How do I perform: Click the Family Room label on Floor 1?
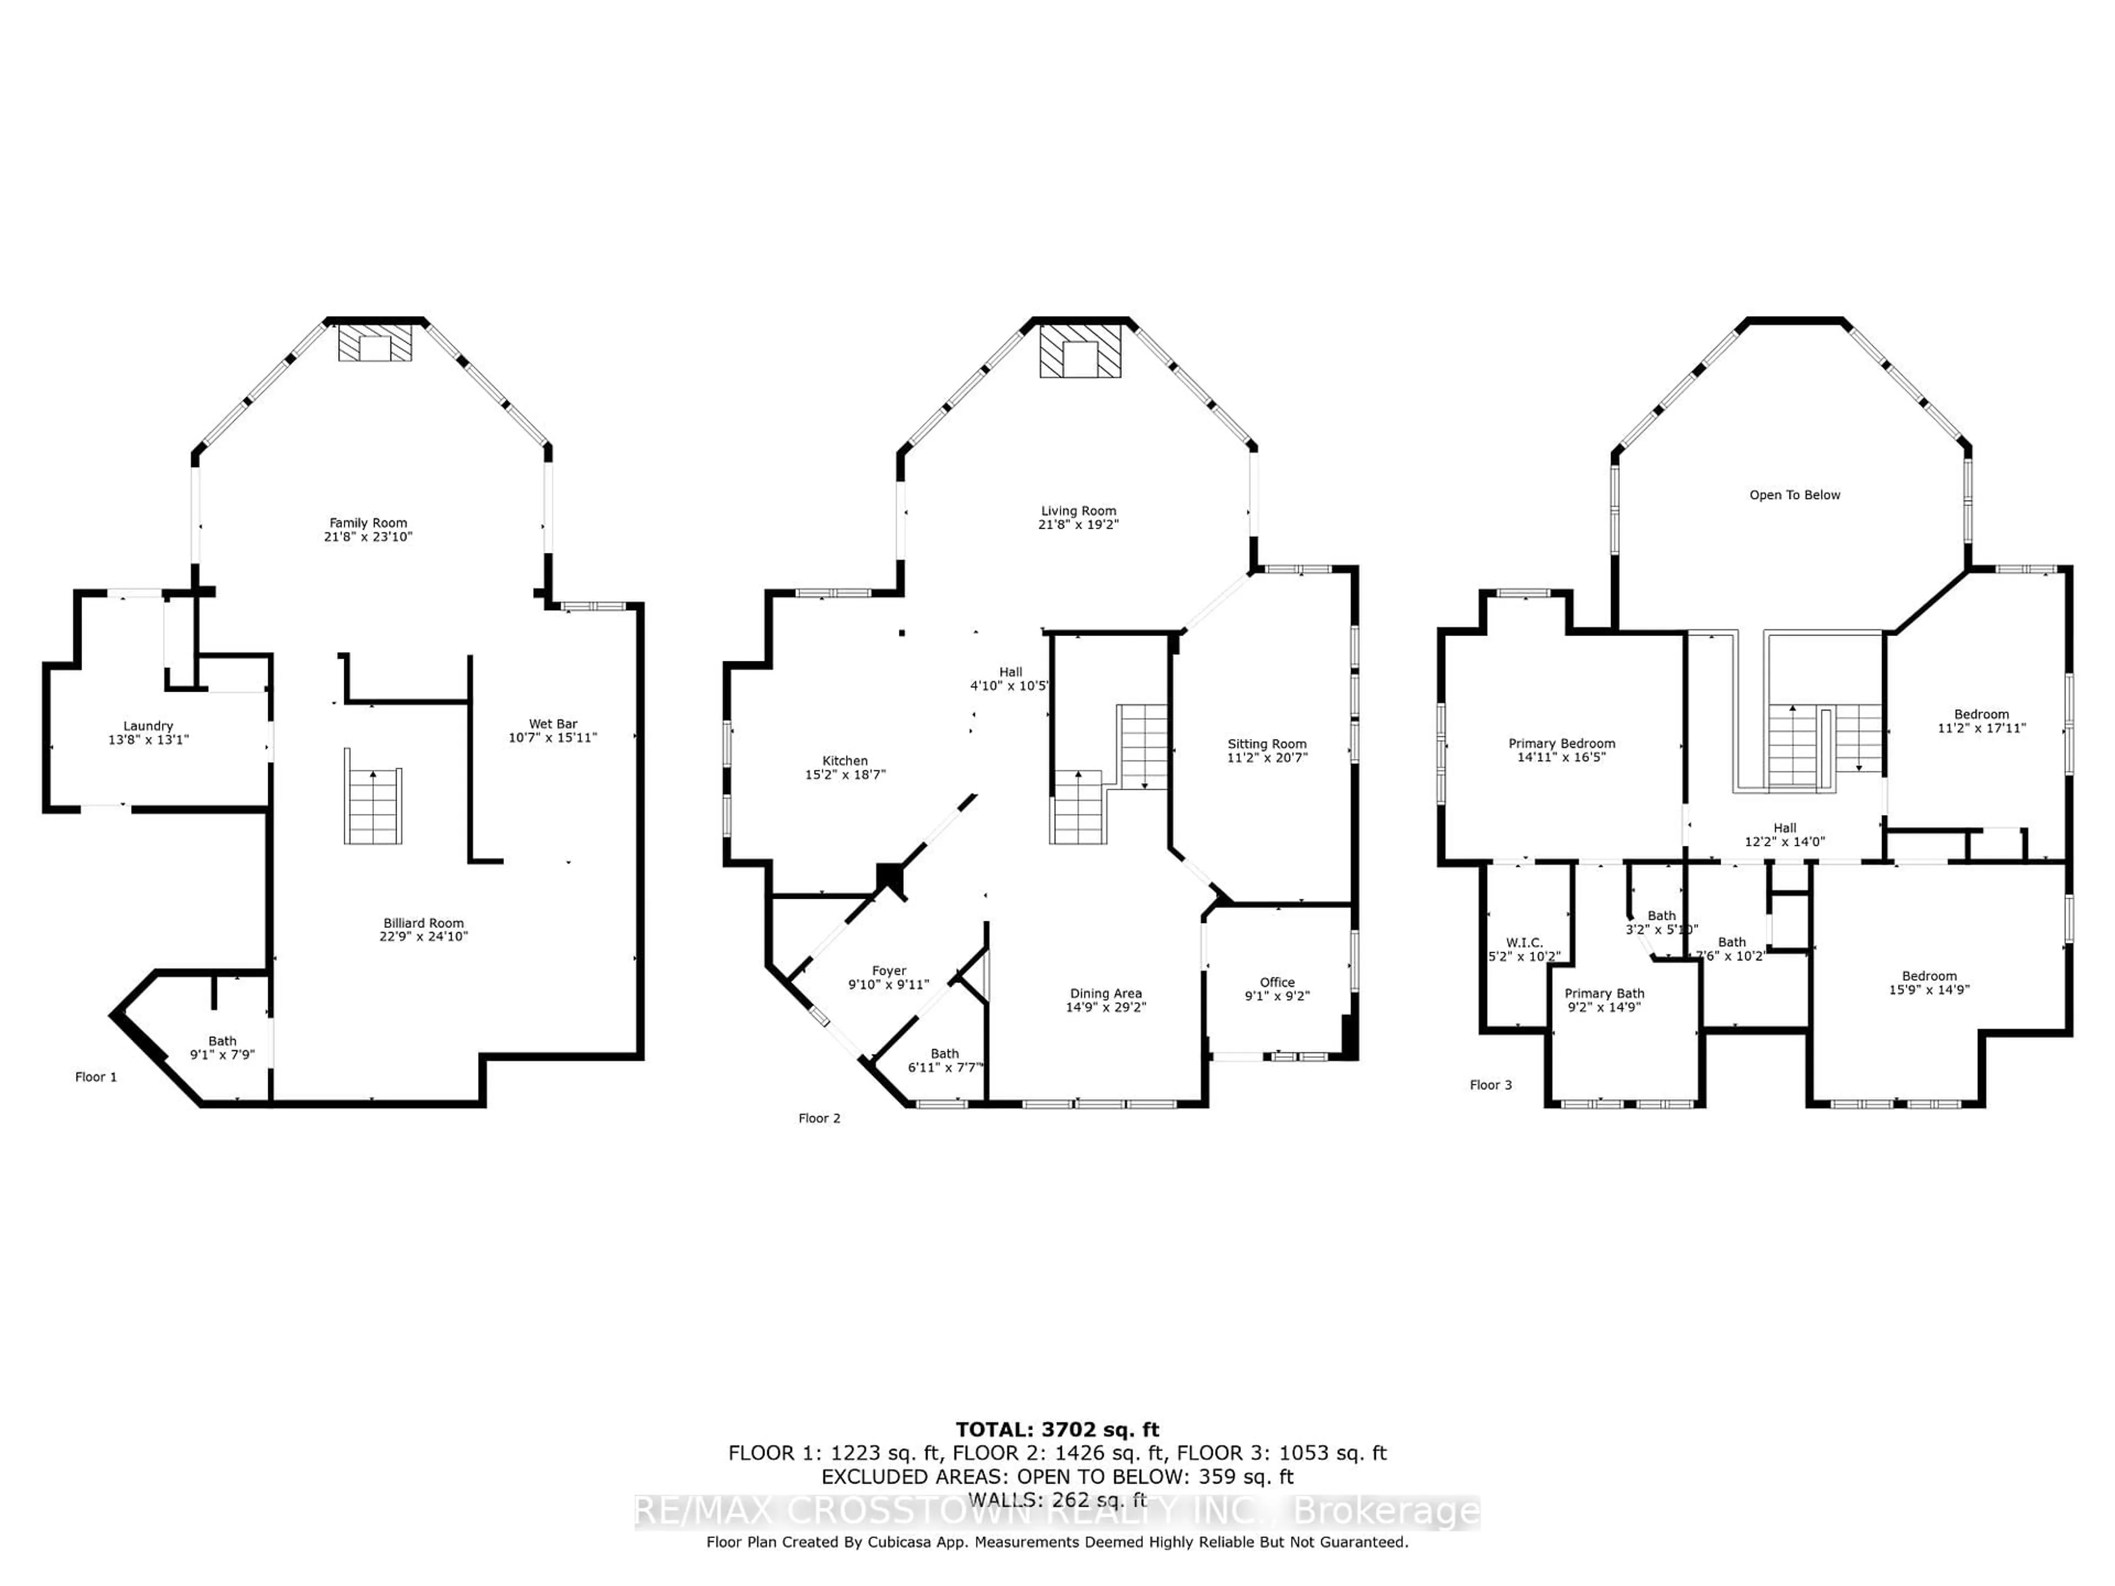368,523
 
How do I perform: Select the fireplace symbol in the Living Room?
1081,351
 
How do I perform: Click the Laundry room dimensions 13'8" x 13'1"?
148,739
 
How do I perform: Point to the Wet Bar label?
552,724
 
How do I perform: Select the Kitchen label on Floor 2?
844,761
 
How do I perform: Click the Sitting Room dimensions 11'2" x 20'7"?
1267,757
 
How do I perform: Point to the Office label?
1277,982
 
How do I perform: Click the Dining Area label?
1105,993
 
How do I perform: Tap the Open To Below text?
1794,495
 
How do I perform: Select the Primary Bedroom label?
1561,743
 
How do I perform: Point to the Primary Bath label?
1603,993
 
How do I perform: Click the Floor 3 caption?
1490,1084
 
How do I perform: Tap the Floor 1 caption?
96,1077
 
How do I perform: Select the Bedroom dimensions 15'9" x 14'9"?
1928,990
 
